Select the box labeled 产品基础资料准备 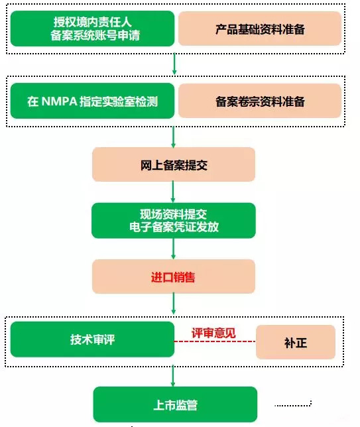click(x=260, y=30)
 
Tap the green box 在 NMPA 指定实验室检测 click(x=92, y=101)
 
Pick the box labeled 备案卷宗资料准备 click(x=260, y=101)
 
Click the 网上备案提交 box click(x=174, y=165)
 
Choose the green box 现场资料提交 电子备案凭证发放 click(x=174, y=220)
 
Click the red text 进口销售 click(x=174, y=276)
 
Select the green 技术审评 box click(x=92, y=340)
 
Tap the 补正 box click(x=296, y=343)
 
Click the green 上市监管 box click(x=174, y=404)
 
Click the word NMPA click(x=60, y=101)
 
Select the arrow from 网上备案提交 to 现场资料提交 click(x=174, y=192)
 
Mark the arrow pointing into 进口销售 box click(x=174, y=249)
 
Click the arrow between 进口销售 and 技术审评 click(x=174, y=304)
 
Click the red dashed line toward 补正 click(x=215, y=342)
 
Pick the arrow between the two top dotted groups click(x=174, y=64)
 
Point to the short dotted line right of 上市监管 click(x=292, y=404)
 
